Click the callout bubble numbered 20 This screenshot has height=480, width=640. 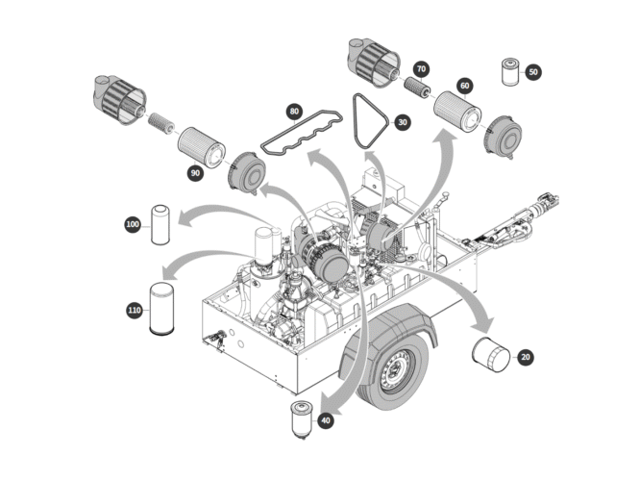(x=525, y=357)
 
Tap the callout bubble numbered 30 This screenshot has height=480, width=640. (x=402, y=122)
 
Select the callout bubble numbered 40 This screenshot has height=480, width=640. (x=328, y=419)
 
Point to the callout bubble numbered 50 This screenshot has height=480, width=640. (x=533, y=72)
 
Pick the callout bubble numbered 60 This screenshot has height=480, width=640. (x=464, y=87)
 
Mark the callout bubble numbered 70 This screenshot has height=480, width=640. (x=421, y=69)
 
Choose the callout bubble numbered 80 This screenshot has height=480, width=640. (x=295, y=112)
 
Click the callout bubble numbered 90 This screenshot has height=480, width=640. (x=195, y=172)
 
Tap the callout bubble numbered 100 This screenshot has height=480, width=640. (x=133, y=224)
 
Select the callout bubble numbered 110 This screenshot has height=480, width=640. (x=135, y=310)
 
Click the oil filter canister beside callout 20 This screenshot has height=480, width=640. (x=490, y=353)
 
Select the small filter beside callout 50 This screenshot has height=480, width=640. (x=508, y=72)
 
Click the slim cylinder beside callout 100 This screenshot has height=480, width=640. (x=160, y=224)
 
